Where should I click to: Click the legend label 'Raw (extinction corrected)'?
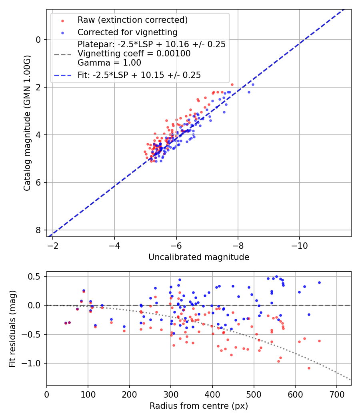click(x=132, y=20)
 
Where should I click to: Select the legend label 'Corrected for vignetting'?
click(x=127, y=32)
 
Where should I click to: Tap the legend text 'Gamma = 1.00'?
click(x=109, y=62)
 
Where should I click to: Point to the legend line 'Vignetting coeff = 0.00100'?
click(x=134, y=54)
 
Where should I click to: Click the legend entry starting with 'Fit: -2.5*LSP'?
click(x=139, y=75)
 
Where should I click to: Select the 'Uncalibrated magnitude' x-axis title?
click(x=199, y=257)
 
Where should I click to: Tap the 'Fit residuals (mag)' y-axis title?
click(x=12, y=328)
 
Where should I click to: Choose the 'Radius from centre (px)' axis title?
click(x=199, y=406)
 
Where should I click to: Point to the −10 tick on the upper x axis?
click(x=300, y=244)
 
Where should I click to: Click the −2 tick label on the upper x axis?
click(x=53, y=244)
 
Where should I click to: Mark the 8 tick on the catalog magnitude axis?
click(x=38, y=230)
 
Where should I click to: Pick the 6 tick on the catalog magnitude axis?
click(x=38, y=183)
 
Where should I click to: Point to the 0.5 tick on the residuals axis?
click(x=35, y=277)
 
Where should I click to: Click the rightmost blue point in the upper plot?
click(x=253, y=84)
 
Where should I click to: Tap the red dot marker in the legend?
click(x=62, y=20)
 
